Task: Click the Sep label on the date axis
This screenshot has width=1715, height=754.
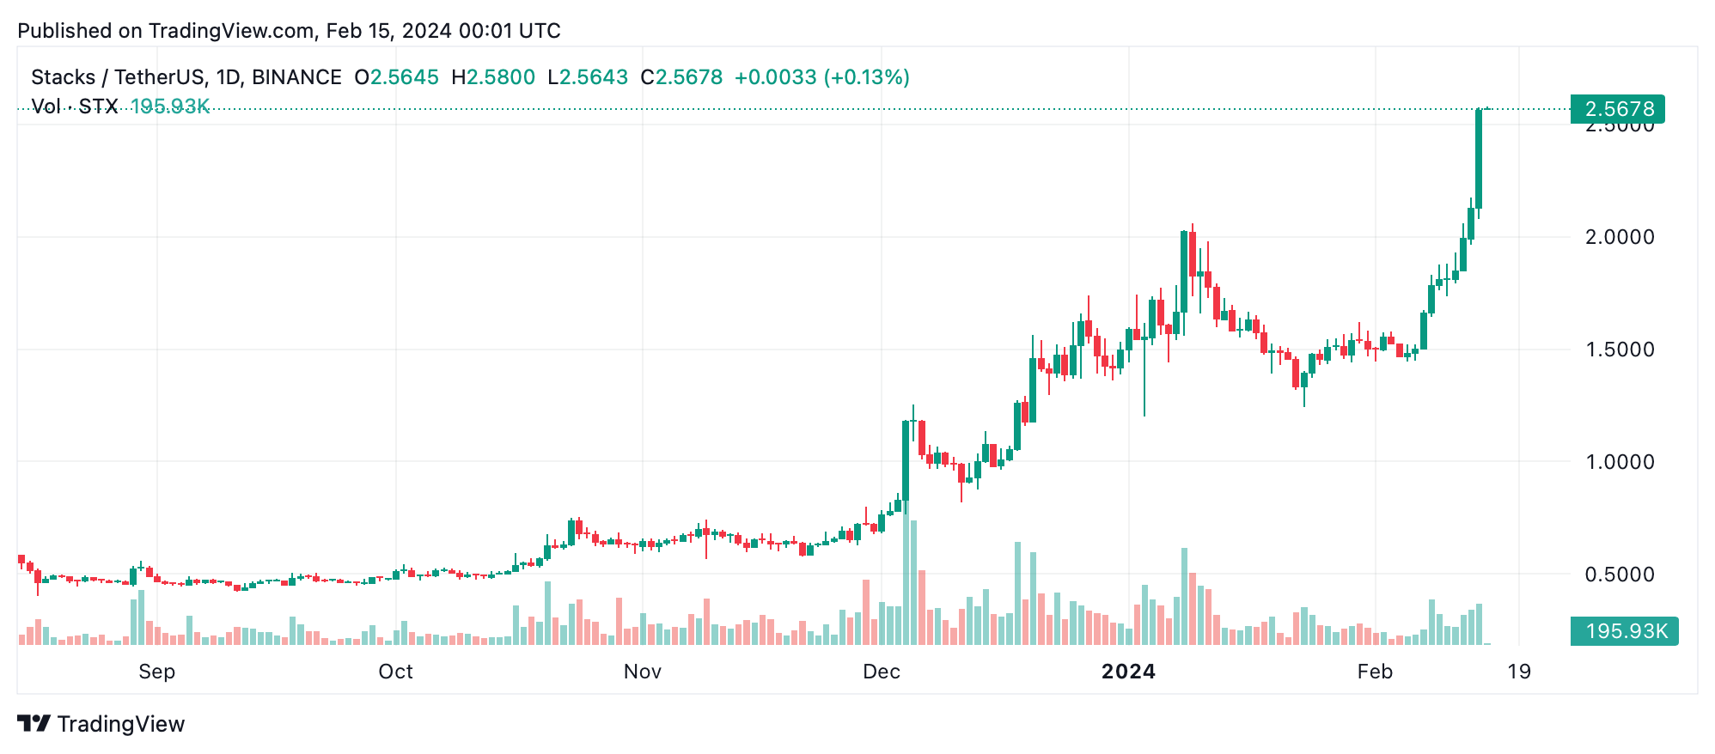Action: pyautogui.click(x=156, y=672)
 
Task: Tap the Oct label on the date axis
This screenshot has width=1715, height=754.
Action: pyautogui.click(x=395, y=672)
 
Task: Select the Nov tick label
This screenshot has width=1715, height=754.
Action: pyautogui.click(x=642, y=672)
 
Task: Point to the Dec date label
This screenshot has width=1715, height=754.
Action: pyautogui.click(x=882, y=672)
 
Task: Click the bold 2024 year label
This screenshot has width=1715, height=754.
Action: pyautogui.click(x=1128, y=672)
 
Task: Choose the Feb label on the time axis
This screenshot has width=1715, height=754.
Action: pyautogui.click(x=1375, y=672)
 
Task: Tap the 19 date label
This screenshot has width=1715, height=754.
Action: pyautogui.click(x=1519, y=672)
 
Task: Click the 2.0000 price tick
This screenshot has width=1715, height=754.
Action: pyautogui.click(x=1619, y=237)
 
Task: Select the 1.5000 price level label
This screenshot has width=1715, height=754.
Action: pyautogui.click(x=1619, y=350)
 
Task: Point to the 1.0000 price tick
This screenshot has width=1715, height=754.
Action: pyautogui.click(x=1619, y=462)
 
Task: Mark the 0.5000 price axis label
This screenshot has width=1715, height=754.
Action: pyautogui.click(x=1619, y=575)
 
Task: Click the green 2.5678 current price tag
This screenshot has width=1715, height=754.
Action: pyautogui.click(x=1618, y=109)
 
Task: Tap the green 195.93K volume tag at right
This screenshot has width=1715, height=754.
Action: pyautogui.click(x=1624, y=631)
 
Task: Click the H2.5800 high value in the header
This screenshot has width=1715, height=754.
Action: pyautogui.click(x=493, y=77)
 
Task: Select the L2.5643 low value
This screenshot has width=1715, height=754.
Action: pyautogui.click(x=588, y=77)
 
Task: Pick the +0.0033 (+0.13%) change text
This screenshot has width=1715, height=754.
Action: pyautogui.click(x=821, y=77)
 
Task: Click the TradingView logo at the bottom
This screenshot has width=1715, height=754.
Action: pyautogui.click(x=101, y=724)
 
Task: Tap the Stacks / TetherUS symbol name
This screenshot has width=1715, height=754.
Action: pyautogui.click(x=117, y=77)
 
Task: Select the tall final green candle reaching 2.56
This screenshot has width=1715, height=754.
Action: pyautogui.click(x=1479, y=159)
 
